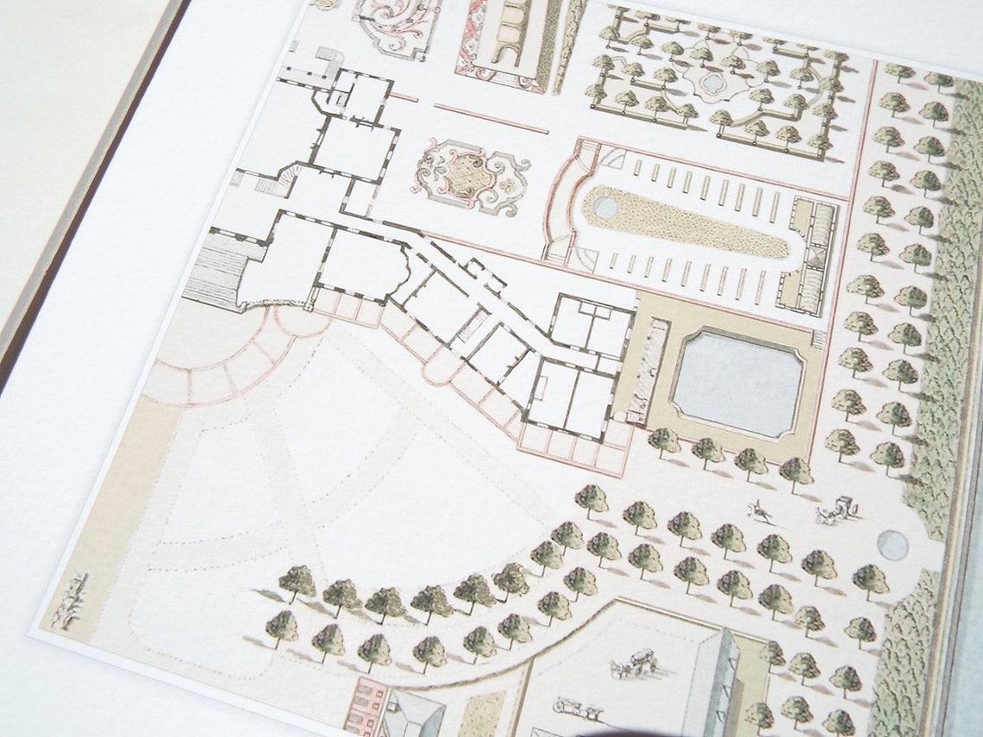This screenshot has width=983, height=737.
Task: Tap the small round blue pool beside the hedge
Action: (892, 545)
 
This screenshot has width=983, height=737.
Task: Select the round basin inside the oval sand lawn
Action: (605, 207)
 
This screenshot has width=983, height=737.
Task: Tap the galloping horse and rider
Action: (761, 511)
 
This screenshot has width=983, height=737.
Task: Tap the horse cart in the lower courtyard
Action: (635, 665)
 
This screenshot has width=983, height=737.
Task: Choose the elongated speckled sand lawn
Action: (690, 222)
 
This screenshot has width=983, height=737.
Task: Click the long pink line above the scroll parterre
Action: (491, 119)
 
